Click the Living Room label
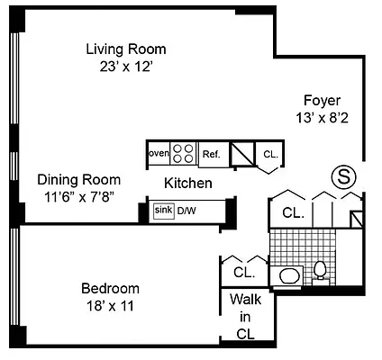126,49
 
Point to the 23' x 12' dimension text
126,66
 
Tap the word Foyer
322,100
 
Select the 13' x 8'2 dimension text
322,117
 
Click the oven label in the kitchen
158,154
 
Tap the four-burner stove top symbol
183,154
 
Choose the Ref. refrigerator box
211,155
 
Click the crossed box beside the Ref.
242,155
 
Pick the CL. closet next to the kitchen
270,156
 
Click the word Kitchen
187,184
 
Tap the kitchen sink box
163,211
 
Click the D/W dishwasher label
186,211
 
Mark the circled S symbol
344,176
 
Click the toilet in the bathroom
320,269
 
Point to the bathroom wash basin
289,275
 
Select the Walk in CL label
244,316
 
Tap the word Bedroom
110,289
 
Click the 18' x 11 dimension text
110,306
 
